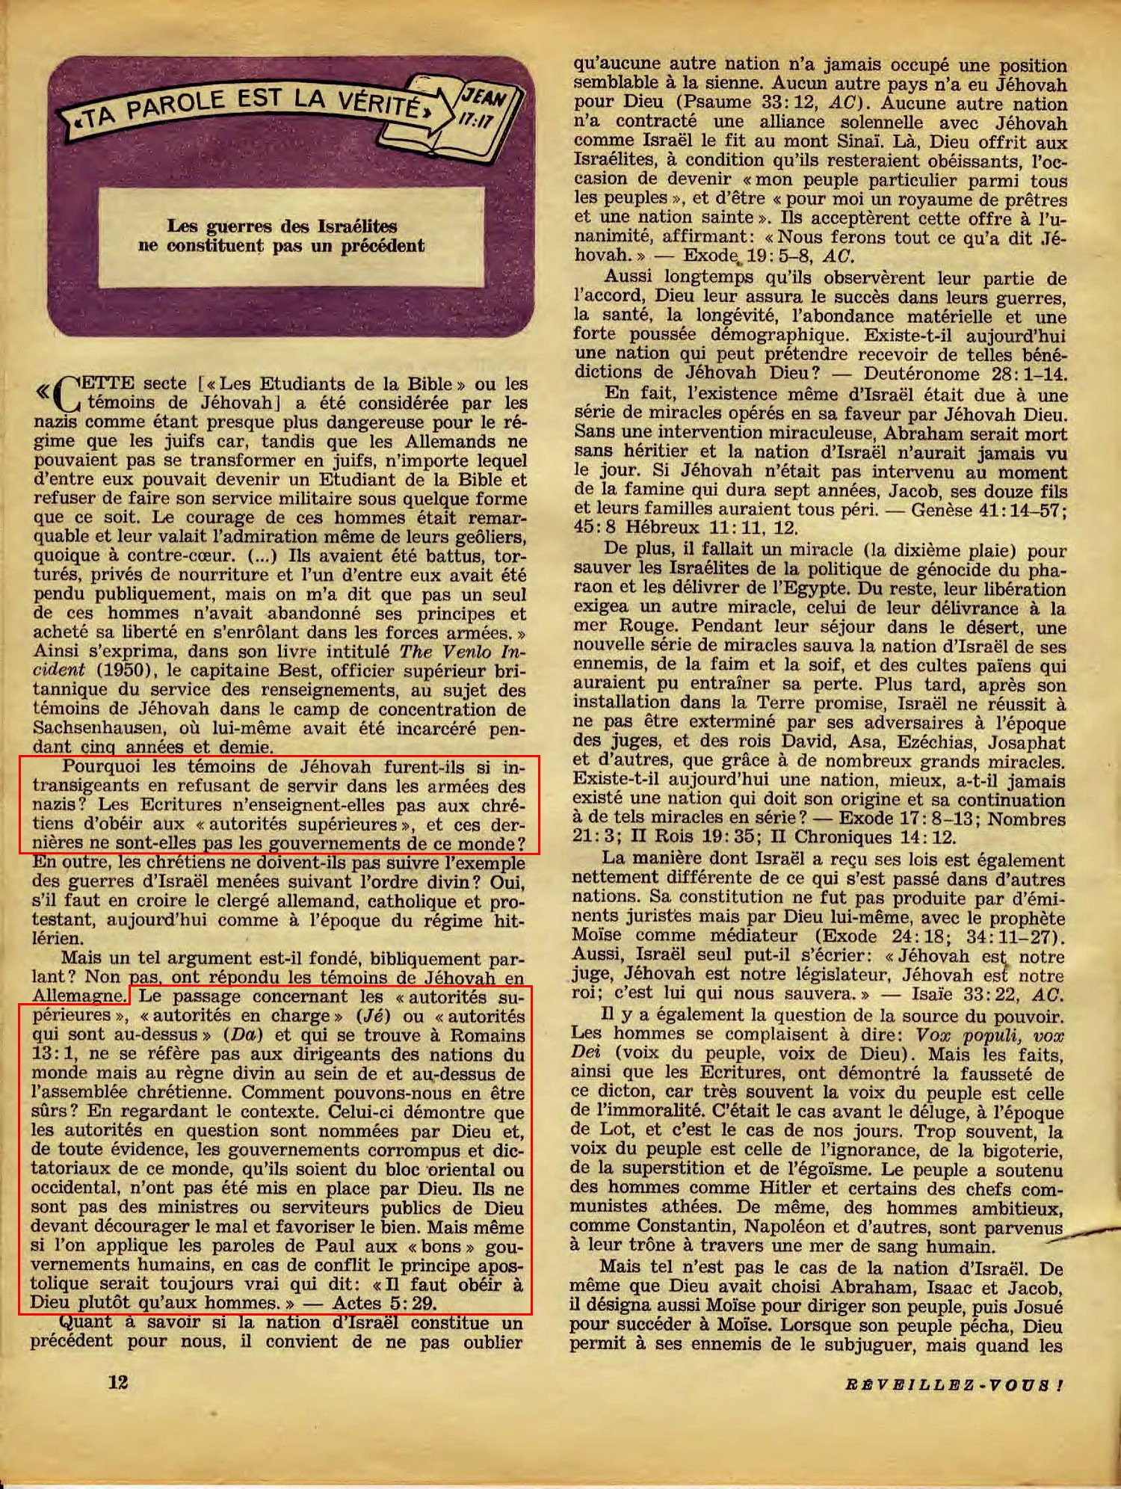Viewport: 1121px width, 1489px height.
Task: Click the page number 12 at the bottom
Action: [x=118, y=1381]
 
